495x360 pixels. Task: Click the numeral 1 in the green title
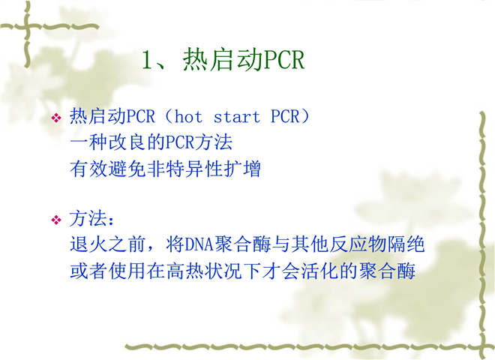(x=147, y=60)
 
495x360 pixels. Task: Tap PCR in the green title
(x=283, y=59)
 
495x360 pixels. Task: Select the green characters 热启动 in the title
(x=222, y=59)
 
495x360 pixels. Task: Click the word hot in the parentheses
(x=188, y=117)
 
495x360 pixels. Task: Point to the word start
(x=237, y=117)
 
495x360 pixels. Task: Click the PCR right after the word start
(x=284, y=116)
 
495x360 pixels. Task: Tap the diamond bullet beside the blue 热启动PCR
(x=56, y=118)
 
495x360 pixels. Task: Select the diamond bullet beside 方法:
(x=56, y=220)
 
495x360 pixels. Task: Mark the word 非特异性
(x=184, y=169)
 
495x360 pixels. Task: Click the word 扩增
(x=241, y=169)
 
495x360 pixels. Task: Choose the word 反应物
(x=357, y=244)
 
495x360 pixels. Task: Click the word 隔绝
(x=406, y=244)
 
